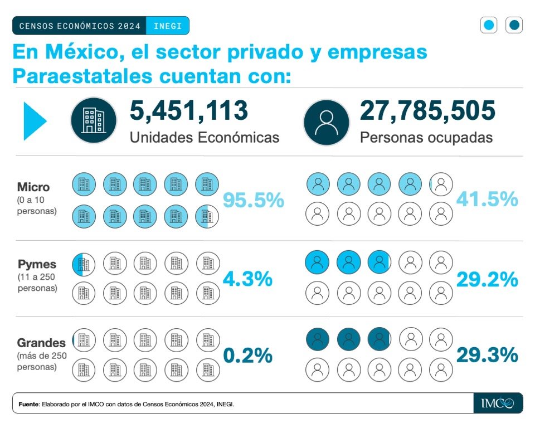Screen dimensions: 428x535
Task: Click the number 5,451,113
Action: click(189, 110)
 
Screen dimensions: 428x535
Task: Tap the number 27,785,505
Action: click(427, 110)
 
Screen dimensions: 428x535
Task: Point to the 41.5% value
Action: click(487, 199)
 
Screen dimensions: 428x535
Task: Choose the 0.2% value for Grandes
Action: click(248, 355)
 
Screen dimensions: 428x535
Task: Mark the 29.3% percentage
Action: click(487, 354)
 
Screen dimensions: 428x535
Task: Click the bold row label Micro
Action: click(33, 187)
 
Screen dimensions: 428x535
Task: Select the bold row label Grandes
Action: click(41, 342)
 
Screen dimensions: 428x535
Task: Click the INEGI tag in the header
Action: click(167, 26)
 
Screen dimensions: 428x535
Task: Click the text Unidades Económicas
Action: click(205, 137)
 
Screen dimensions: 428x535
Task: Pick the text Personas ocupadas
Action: click(426, 137)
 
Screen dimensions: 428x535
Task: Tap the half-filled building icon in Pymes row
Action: click(84, 264)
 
